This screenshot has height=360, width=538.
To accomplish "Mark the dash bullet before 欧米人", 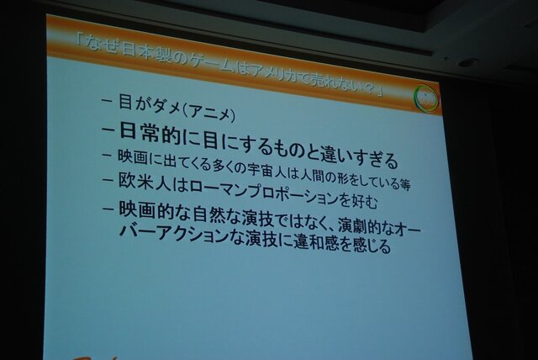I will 108,179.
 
